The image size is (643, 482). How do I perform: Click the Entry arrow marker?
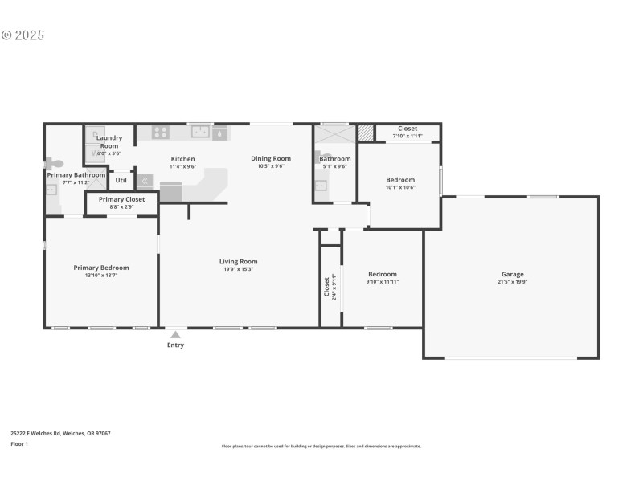pyautogui.click(x=175, y=332)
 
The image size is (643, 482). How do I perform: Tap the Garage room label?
pyautogui.click(x=512, y=274)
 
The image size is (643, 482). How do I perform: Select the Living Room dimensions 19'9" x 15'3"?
pyautogui.click(x=238, y=269)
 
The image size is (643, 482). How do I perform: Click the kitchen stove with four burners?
pyautogui.click(x=161, y=133)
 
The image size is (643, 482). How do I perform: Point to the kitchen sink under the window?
pyautogui.click(x=199, y=133)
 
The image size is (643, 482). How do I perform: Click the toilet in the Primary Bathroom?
pyautogui.click(x=56, y=163)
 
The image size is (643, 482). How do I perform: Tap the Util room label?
pyautogui.click(x=121, y=180)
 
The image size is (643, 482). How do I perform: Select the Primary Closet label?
pyautogui.click(x=121, y=199)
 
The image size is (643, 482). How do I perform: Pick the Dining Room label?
pyautogui.click(x=270, y=158)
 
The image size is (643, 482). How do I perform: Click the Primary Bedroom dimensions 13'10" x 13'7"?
pyautogui.click(x=101, y=276)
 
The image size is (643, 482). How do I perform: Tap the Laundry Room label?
pyautogui.click(x=109, y=141)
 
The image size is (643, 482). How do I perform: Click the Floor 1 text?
pyautogui.click(x=19, y=443)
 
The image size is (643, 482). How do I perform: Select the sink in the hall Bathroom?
pyautogui.click(x=320, y=186)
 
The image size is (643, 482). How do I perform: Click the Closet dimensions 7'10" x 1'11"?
pyautogui.click(x=407, y=136)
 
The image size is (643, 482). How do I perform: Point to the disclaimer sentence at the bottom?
pyautogui.click(x=321, y=446)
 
